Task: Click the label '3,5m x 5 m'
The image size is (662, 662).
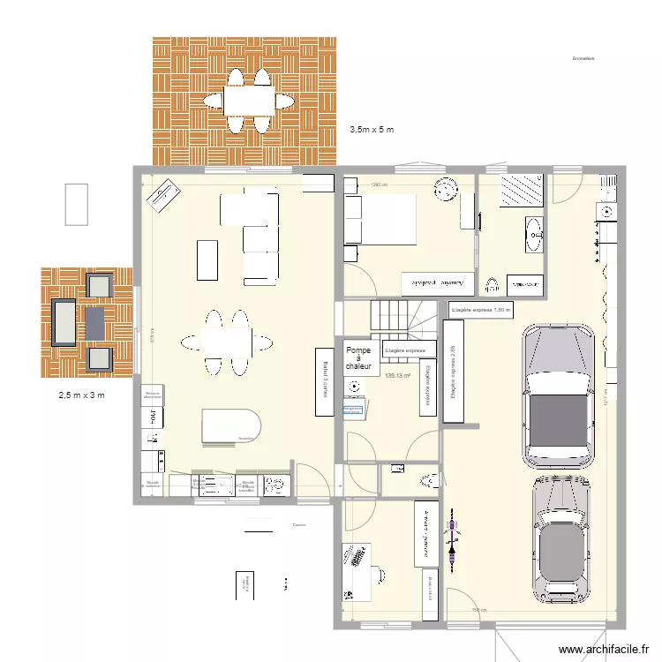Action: [371, 130]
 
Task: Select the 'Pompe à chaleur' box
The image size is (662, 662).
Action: [358, 357]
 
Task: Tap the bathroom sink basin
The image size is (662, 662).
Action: [535, 234]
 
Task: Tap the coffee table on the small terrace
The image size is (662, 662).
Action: [94, 321]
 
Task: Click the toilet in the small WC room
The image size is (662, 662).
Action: [430, 480]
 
